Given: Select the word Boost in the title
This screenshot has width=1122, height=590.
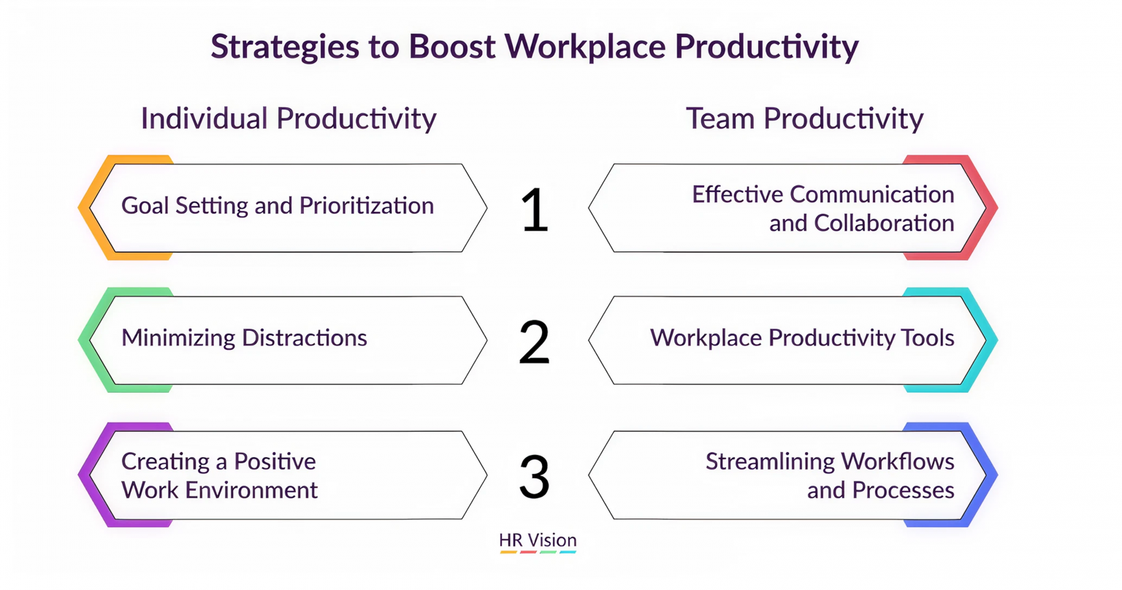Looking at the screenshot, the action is pyautogui.click(x=452, y=47).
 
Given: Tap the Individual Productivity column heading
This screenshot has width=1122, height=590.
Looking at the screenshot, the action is pyautogui.click(x=289, y=119).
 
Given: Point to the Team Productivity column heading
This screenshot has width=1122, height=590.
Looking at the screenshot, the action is pyautogui.click(x=804, y=119).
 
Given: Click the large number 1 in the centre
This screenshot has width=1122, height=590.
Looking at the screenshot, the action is pyautogui.click(x=535, y=210).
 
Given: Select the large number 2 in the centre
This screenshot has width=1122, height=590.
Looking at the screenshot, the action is pyautogui.click(x=535, y=342).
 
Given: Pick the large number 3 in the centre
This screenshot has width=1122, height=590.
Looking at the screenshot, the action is pyautogui.click(x=535, y=476).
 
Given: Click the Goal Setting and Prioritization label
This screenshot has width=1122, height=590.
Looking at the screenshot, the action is pyautogui.click(x=278, y=206).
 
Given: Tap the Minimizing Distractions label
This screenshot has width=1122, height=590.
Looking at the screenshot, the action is pyautogui.click(x=245, y=337).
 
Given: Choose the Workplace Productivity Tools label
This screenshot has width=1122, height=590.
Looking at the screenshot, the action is pyautogui.click(x=802, y=338).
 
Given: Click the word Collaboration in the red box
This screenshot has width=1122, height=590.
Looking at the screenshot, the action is pyautogui.click(x=884, y=223).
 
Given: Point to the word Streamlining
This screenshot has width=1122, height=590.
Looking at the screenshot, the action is pyautogui.click(x=769, y=462).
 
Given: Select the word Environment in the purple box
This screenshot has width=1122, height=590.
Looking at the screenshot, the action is pyautogui.click(x=251, y=490).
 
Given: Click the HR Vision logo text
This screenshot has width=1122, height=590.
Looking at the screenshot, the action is pyautogui.click(x=538, y=540).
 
